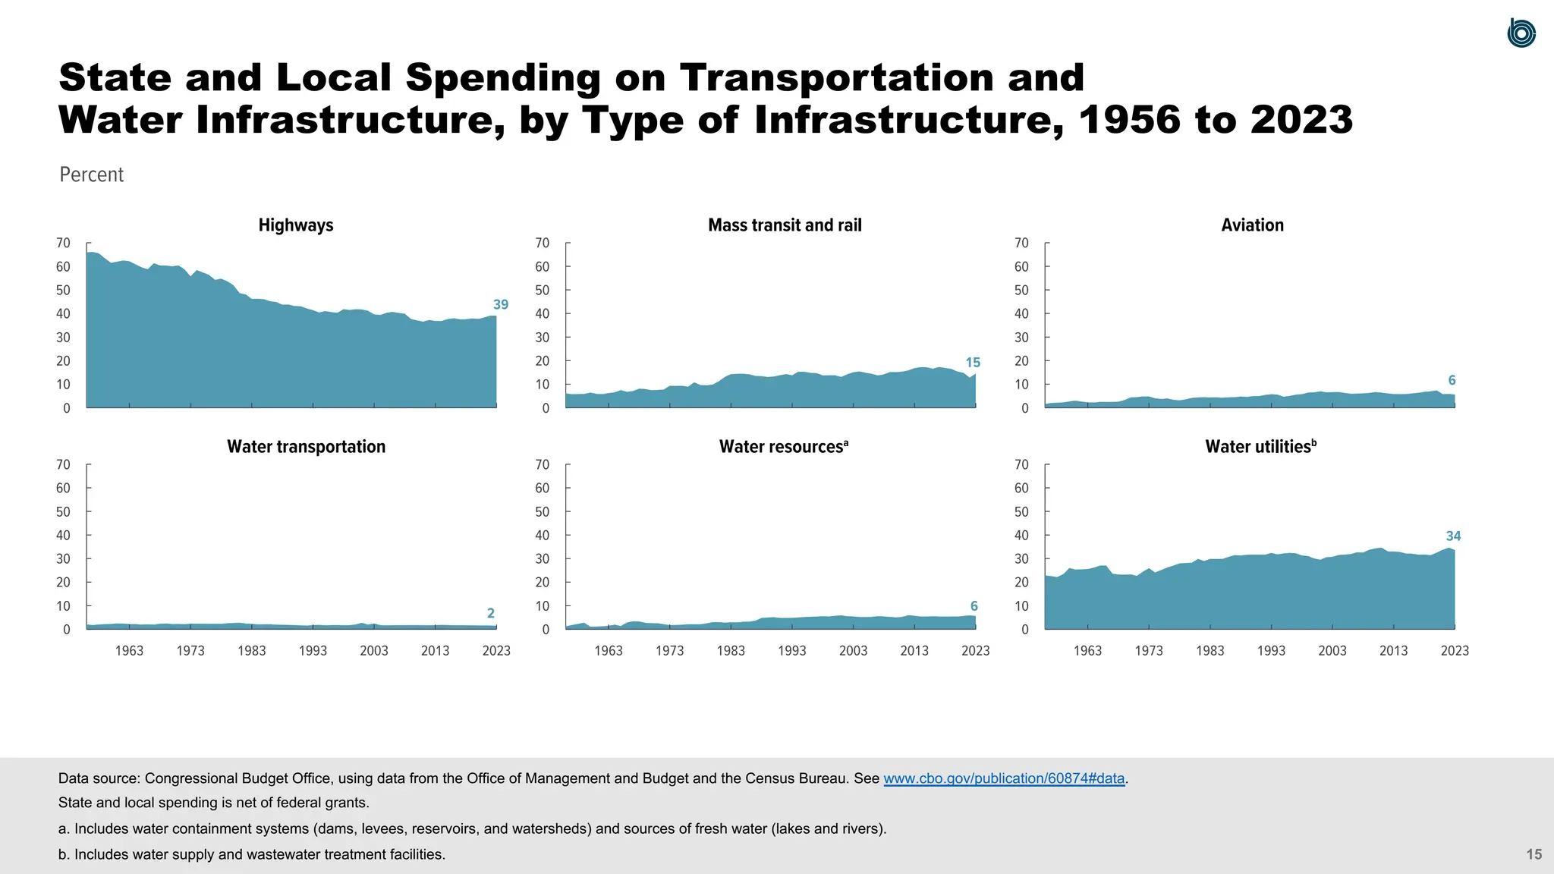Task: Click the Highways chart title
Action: [x=296, y=225]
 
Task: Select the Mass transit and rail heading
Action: [x=785, y=225]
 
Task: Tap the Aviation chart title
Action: [x=1252, y=225]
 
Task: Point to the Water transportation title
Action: [x=306, y=447]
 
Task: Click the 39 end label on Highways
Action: [x=501, y=305]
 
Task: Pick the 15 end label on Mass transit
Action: [x=973, y=363]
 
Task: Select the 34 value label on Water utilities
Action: [x=1453, y=536]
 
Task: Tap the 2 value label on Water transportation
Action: [x=491, y=613]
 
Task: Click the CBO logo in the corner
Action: [x=1521, y=33]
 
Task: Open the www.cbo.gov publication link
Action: [x=1004, y=778]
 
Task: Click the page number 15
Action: [x=1534, y=854]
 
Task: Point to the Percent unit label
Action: [x=91, y=174]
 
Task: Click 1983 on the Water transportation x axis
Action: [x=252, y=651]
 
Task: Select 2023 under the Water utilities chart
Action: [x=1455, y=651]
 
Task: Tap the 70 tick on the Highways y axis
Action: [x=63, y=244]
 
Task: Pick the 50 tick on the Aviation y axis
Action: [x=1021, y=291]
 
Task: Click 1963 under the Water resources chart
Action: [x=609, y=651]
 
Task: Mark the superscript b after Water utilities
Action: [x=1314, y=442]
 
